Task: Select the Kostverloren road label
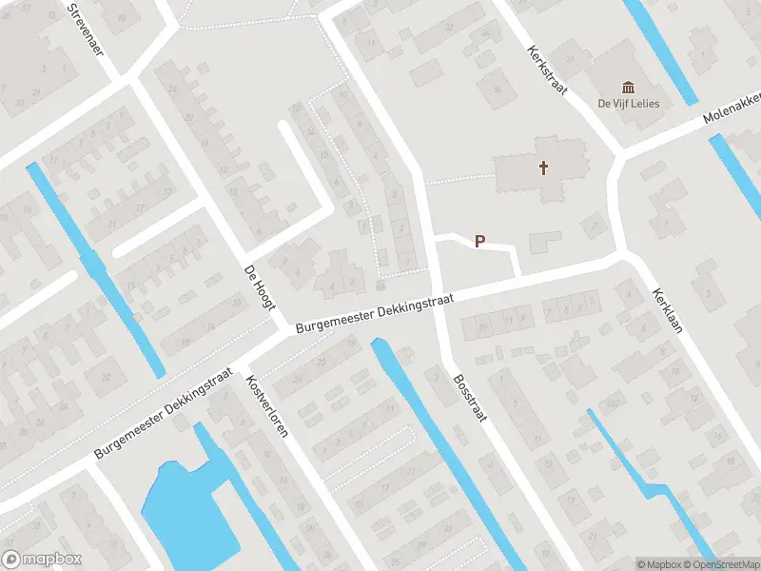(265, 405)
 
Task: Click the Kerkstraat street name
(547, 72)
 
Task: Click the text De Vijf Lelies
(628, 103)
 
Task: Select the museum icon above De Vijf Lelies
(628, 87)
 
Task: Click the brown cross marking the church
(544, 168)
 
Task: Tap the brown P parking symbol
(480, 242)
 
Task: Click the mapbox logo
(42, 559)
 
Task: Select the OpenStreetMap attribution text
(724, 564)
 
